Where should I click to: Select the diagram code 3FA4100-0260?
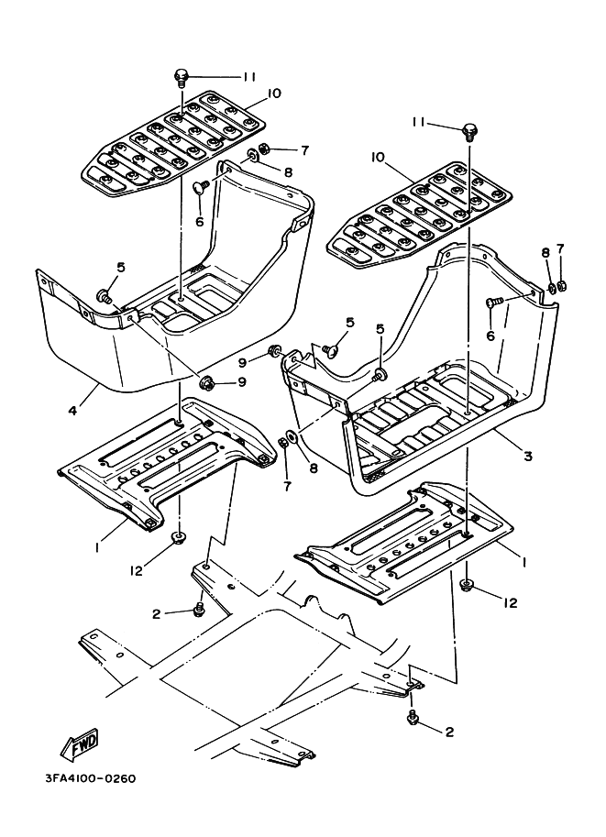pyautogui.click(x=91, y=779)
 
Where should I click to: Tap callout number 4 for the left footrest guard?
pyautogui.click(x=71, y=411)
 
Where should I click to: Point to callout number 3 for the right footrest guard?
pyautogui.click(x=527, y=456)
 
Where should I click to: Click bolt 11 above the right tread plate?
pyautogui.click(x=469, y=129)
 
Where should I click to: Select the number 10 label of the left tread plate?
pyautogui.click(x=273, y=94)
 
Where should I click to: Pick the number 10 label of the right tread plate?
pyautogui.click(x=378, y=157)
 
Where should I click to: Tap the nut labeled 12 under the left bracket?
pyautogui.click(x=178, y=537)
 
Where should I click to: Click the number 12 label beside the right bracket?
pyautogui.click(x=511, y=602)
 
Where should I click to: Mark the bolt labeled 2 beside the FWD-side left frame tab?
pyautogui.click(x=200, y=608)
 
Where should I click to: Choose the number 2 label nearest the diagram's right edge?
pyautogui.click(x=449, y=732)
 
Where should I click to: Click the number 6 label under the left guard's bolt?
pyautogui.click(x=200, y=221)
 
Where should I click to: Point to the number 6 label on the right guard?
pyautogui.click(x=490, y=336)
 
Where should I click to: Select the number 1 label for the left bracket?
pyautogui.click(x=98, y=548)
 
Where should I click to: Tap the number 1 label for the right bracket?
pyautogui.click(x=524, y=562)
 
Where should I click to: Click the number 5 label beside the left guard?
pyautogui.click(x=121, y=268)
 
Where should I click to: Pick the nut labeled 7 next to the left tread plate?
pyautogui.click(x=263, y=148)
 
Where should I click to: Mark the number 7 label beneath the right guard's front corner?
pyautogui.click(x=287, y=486)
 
